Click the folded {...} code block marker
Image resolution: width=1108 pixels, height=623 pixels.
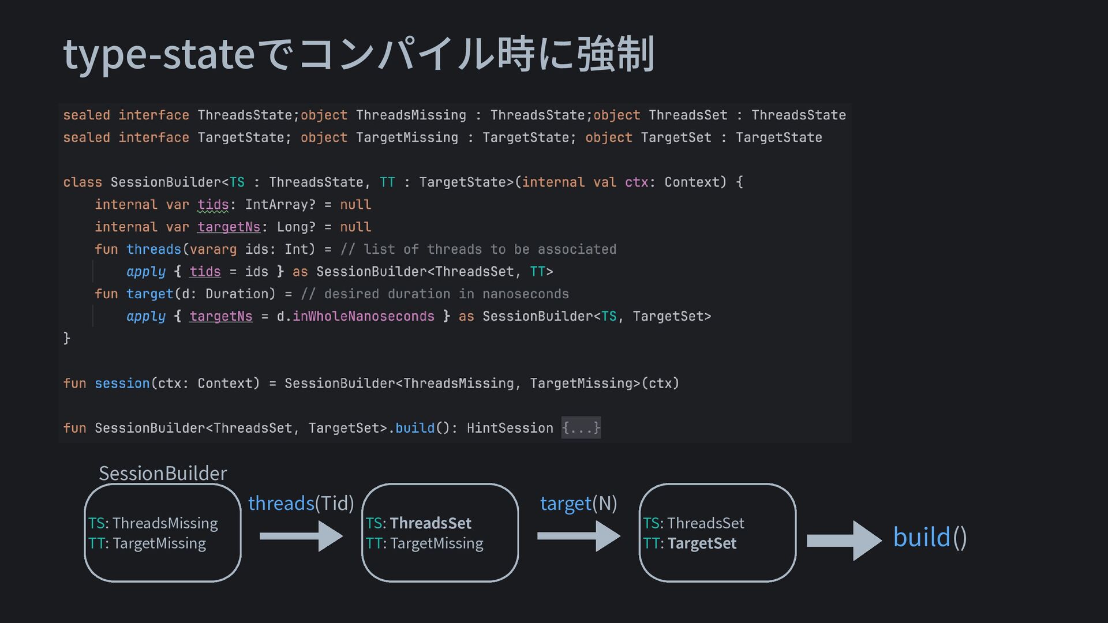[581, 428]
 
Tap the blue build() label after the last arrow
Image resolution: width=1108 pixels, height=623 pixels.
[930, 538]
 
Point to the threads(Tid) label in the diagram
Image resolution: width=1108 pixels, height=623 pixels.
[301, 504]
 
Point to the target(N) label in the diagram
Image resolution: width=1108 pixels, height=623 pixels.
[578, 504]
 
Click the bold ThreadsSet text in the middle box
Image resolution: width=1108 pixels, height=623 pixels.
[431, 523]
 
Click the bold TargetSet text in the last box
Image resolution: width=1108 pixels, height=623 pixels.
[702, 543]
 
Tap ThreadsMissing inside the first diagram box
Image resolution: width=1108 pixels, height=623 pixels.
[165, 523]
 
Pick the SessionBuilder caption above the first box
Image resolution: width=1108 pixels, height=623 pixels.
[163, 473]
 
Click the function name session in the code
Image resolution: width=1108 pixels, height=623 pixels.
[122, 384]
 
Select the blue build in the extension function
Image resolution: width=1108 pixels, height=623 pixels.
[414, 428]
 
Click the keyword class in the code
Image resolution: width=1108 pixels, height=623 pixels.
[83, 182]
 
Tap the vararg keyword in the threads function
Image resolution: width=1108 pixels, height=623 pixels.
[213, 249]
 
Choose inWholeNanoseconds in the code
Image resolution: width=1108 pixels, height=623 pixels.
[363, 317]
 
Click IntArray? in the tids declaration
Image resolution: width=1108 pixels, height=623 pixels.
[280, 205]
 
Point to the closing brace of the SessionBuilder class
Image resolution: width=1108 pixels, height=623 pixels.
[66, 338]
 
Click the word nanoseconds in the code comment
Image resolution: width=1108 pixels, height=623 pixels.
[525, 294]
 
